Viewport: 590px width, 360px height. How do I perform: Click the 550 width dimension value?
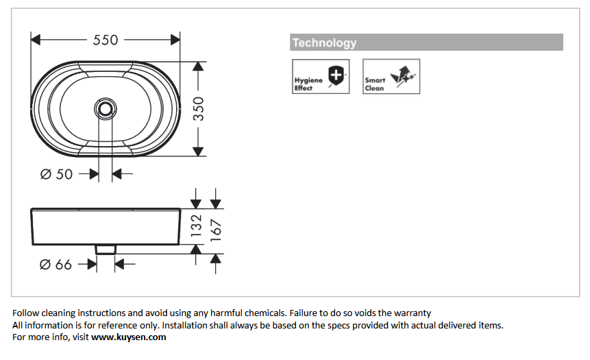click(x=106, y=40)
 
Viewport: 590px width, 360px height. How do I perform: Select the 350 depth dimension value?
click(x=198, y=108)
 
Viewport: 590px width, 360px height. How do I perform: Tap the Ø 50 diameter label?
click(x=56, y=174)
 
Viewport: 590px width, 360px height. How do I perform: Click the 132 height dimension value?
click(x=197, y=227)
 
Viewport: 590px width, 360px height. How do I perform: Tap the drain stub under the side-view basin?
click(x=105, y=249)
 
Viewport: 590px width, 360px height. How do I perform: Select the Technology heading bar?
click(x=426, y=43)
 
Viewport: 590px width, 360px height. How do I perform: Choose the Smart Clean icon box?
click(x=391, y=77)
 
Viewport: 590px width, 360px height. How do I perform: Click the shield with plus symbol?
click(x=336, y=75)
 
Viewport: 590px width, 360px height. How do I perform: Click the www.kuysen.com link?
click(x=129, y=337)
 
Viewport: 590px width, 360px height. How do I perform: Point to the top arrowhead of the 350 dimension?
click(x=198, y=67)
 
